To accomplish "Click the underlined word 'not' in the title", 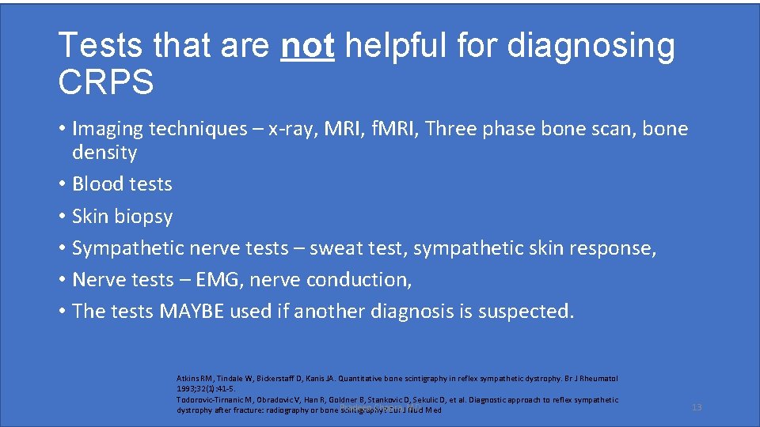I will [308, 47].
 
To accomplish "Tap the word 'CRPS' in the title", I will [106, 82].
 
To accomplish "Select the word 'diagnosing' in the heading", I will [591, 47].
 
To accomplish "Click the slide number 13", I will [697, 407].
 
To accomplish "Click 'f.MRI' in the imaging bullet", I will [389, 129].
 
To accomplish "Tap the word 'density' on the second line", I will [104, 153].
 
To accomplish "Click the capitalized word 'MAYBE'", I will [192, 312].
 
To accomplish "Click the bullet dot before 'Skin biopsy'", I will [62, 217].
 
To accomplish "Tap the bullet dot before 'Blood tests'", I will [62, 184].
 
